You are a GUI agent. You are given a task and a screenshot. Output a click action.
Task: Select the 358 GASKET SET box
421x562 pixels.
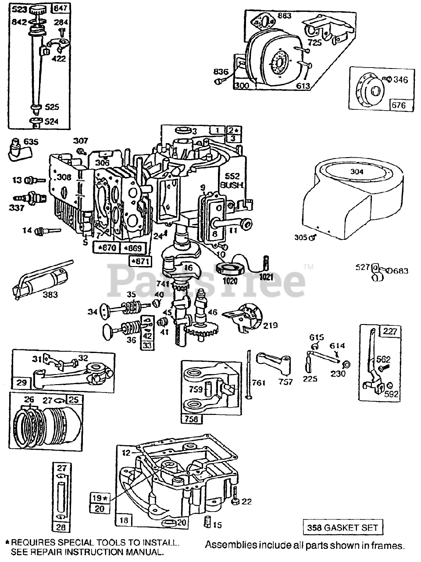pyautogui.click(x=343, y=527)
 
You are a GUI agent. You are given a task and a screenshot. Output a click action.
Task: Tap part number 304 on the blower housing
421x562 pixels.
pyautogui.click(x=357, y=171)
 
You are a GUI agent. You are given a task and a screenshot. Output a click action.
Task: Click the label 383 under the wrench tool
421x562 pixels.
pyautogui.click(x=50, y=295)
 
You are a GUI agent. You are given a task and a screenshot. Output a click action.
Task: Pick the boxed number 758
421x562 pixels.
pyautogui.click(x=191, y=418)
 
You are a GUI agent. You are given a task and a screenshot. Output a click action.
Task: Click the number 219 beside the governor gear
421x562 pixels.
pyautogui.click(x=270, y=325)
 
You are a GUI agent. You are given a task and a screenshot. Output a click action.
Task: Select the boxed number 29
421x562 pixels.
pyautogui.click(x=21, y=382)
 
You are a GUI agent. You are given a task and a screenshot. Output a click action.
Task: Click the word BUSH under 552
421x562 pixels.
pyautogui.click(x=232, y=185)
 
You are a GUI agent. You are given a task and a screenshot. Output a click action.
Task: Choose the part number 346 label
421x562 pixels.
pyautogui.click(x=400, y=79)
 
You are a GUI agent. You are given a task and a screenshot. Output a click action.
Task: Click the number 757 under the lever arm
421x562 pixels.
pyautogui.click(x=285, y=382)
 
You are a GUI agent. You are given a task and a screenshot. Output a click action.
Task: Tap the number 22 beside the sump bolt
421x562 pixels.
pyautogui.click(x=247, y=501)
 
